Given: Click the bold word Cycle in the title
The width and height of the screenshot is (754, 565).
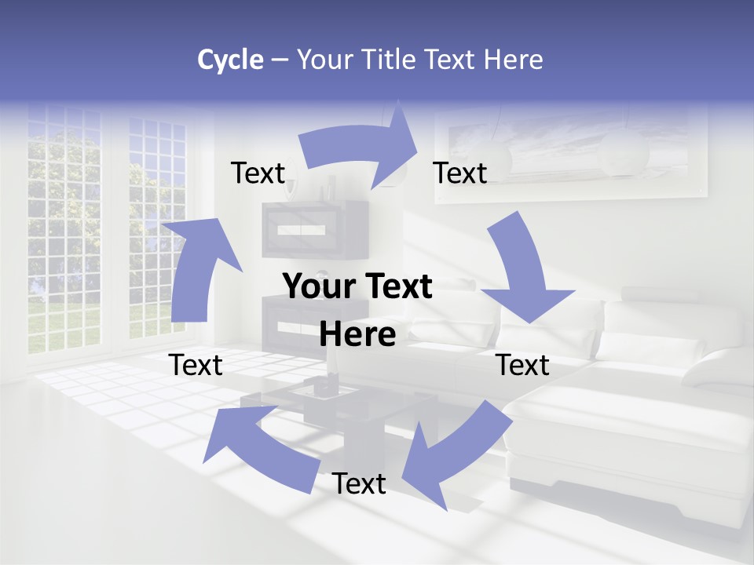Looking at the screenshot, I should coord(230,60).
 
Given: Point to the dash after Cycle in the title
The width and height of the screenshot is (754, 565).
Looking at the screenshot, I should coord(280,60).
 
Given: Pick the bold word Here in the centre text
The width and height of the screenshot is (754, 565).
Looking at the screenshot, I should coord(358,334).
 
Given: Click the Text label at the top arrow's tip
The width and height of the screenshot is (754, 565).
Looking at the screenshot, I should coord(460,173).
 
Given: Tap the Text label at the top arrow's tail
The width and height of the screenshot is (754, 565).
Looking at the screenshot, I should coord(258,173).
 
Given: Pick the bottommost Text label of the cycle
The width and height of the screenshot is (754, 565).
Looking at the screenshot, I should coord(359,484).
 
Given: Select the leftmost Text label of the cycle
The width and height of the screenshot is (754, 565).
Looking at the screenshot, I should coord(196,365).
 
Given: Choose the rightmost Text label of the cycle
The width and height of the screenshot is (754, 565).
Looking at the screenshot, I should coord(523,365).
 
